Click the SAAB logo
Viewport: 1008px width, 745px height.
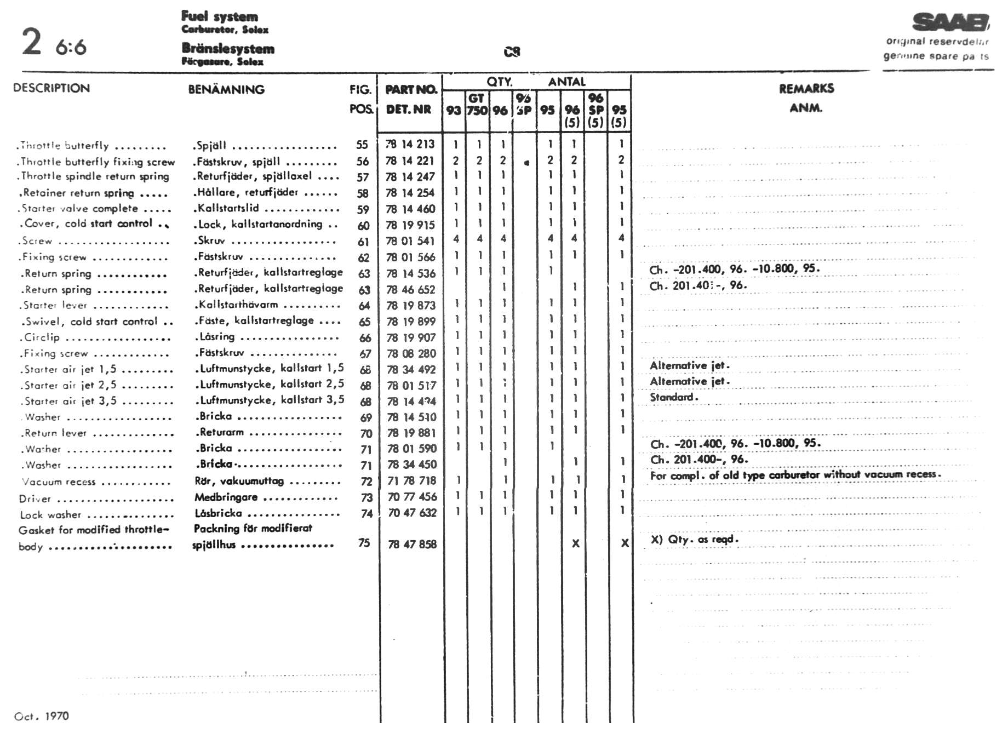(x=950, y=23)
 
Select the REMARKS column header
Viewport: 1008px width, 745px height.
(x=806, y=89)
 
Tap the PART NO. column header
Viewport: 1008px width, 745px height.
(x=411, y=89)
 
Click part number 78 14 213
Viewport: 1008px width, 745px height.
(x=410, y=144)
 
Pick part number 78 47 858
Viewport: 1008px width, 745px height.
(x=412, y=544)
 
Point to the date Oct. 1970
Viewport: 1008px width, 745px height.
(x=42, y=716)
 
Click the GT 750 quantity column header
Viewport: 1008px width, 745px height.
(x=477, y=104)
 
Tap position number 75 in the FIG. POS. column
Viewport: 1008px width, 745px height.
(x=364, y=543)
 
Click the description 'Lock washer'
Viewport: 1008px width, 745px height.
(x=50, y=515)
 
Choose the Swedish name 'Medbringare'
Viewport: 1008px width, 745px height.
(x=226, y=497)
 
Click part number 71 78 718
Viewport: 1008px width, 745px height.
(x=412, y=480)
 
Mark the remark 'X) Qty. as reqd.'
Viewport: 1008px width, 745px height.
(x=695, y=539)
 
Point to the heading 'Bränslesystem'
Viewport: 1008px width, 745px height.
(x=228, y=49)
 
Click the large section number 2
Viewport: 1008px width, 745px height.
(x=32, y=42)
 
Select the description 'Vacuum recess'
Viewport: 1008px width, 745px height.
(x=59, y=482)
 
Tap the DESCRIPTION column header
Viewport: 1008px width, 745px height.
(x=51, y=88)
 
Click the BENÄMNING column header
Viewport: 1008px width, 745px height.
(x=226, y=89)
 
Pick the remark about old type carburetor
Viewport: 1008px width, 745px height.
(x=795, y=475)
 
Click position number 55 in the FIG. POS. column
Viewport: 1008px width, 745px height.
(x=362, y=145)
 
